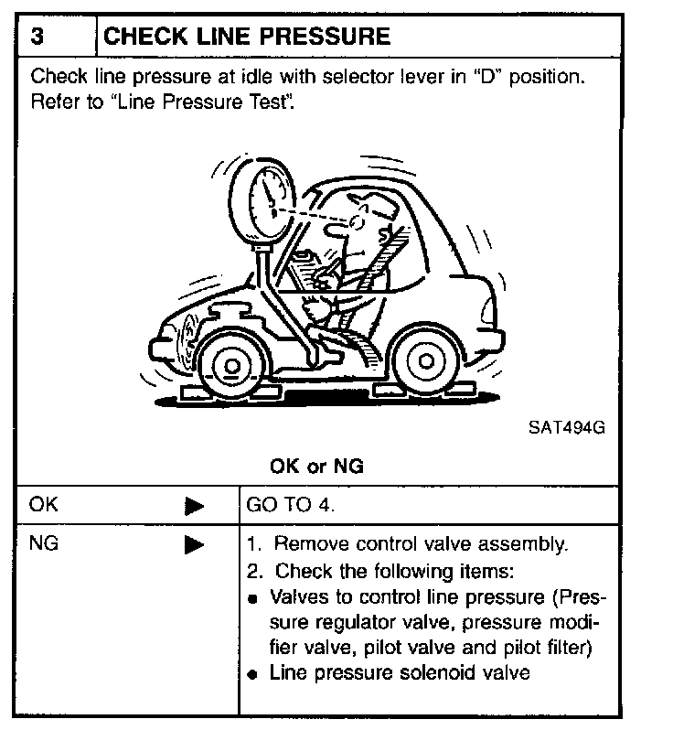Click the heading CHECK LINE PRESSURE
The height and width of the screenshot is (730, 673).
click(x=248, y=37)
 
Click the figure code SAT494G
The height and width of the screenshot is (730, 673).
click(x=566, y=426)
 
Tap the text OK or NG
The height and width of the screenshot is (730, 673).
click(x=316, y=467)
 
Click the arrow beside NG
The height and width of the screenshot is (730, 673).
click(x=194, y=545)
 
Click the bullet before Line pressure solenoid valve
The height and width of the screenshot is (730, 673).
click(x=251, y=675)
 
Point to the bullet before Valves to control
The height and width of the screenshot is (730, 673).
click(x=251, y=598)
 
